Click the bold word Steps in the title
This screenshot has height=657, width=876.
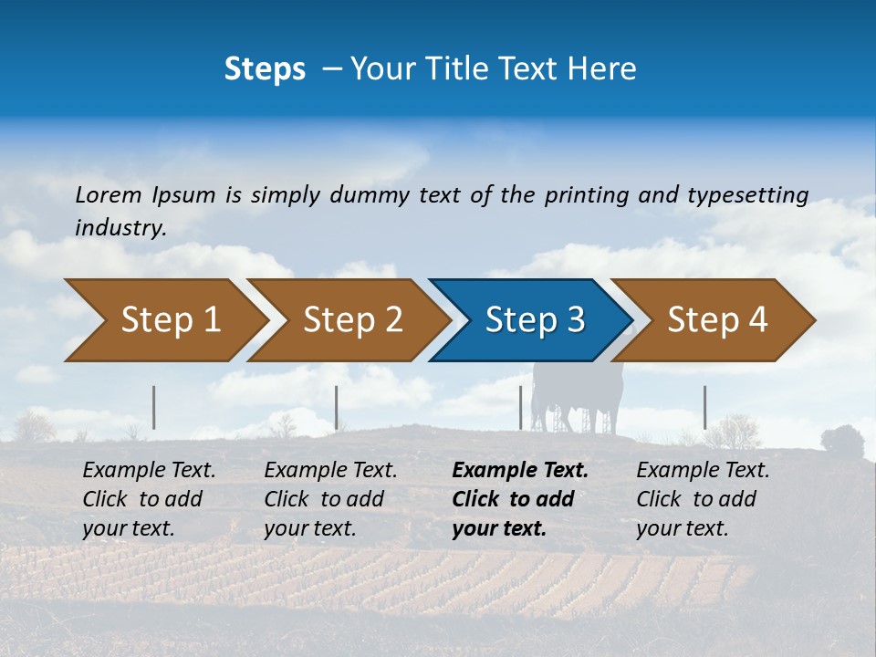point(265,69)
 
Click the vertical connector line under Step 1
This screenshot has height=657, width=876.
point(154,407)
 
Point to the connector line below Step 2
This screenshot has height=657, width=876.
point(337,407)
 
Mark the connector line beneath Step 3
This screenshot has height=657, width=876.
point(521,407)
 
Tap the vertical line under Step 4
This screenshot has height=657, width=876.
point(704,407)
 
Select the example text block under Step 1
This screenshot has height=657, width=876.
point(149,499)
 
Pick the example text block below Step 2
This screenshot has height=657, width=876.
point(330,499)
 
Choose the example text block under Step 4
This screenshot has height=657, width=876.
point(703,499)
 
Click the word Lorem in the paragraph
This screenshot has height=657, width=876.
point(109,195)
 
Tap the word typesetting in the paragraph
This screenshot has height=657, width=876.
point(747,195)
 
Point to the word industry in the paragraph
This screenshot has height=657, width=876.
point(120,228)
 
